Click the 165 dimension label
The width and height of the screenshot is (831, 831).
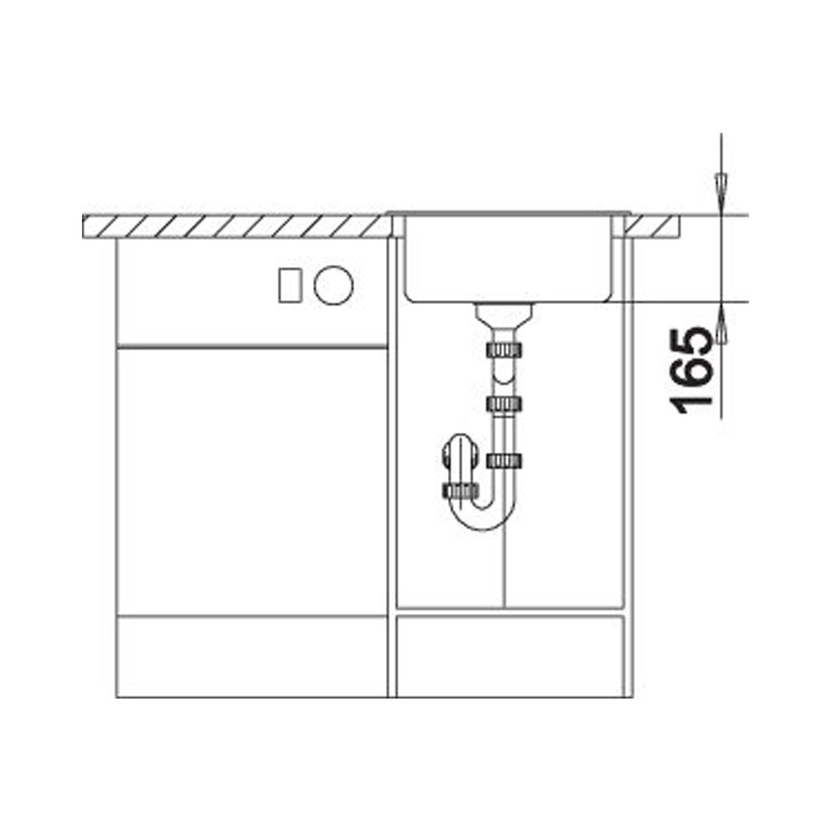point(690,371)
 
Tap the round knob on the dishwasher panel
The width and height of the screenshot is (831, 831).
point(333,285)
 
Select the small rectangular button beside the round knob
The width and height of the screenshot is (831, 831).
point(291,285)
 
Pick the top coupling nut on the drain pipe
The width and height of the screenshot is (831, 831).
point(504,350)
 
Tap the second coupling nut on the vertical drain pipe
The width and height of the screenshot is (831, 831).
point(504,405)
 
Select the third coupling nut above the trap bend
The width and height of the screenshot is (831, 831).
point(504,461)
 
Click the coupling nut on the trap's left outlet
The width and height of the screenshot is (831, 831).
point(460,491)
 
